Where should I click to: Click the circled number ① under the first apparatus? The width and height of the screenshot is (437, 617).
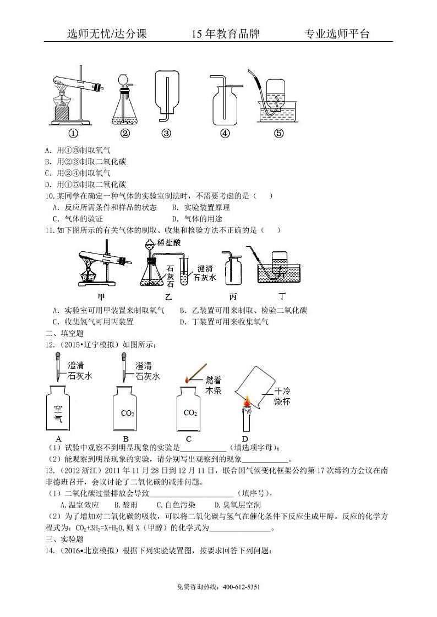[x=73, y=133]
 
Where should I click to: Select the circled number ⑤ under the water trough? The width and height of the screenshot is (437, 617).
[x=278, y=133]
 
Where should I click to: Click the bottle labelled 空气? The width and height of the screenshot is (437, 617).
[x=58, y=409]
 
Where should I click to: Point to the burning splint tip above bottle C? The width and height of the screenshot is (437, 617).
[x=187, y=379]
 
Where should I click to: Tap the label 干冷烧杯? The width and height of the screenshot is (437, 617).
[x=282, y=396]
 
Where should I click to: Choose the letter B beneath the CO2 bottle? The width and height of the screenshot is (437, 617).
[x=126, y=438]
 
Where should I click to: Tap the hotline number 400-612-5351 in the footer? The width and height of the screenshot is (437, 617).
[x=242, y=587]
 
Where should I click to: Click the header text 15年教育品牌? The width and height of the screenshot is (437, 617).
[x=225, y=34]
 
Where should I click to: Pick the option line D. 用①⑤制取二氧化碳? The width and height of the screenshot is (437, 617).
[x=85, y=184]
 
